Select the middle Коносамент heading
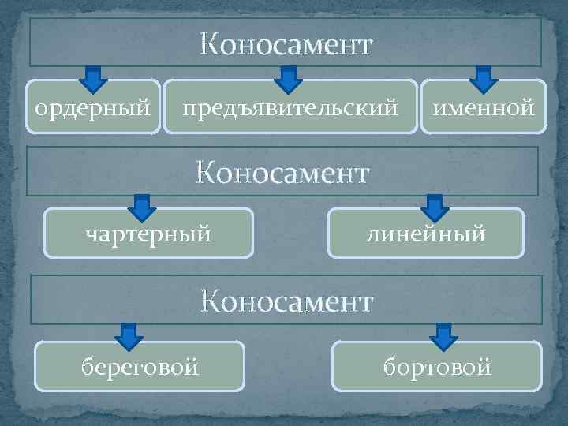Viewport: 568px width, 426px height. (282, 172)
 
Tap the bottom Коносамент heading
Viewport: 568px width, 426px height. (286, 301)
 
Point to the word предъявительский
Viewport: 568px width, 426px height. (290, 106)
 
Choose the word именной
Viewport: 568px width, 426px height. (483, 105)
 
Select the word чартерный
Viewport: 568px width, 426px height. (148, 234)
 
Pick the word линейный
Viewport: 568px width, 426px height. (425, 234)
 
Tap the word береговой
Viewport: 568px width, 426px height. (140, 366)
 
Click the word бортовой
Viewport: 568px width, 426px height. (437, 366)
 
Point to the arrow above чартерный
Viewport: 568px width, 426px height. (141, 207)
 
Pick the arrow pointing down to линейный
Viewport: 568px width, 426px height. (434, 207)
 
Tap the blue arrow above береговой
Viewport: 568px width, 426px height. (129, 336)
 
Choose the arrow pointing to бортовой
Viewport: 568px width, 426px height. (446, 336)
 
